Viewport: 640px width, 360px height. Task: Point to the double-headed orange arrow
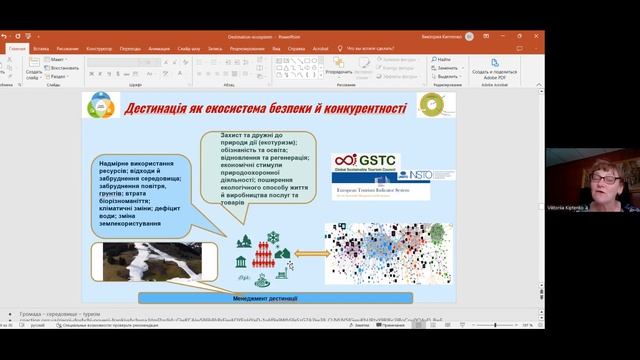pos(311,253)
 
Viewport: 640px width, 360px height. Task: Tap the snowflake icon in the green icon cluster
pos(270,238)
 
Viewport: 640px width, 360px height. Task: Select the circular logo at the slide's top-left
pos(102,105)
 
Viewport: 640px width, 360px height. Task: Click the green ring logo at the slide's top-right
pos(431,104)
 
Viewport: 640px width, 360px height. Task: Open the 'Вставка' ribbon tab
pos(41,47)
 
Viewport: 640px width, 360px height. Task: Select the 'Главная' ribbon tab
pos(17,47)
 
